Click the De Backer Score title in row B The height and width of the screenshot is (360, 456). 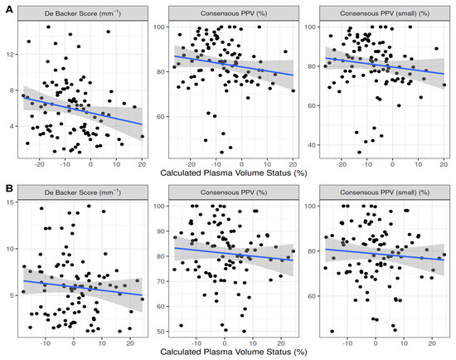click(x=81, y=192)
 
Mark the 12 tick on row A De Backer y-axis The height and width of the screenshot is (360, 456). click(x=12, y=55)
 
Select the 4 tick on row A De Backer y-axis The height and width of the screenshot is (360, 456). click(x=13, y=126)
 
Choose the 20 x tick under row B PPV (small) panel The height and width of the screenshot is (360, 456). click(x=432, y=343)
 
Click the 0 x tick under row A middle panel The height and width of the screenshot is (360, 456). click(x=241, y=163)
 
